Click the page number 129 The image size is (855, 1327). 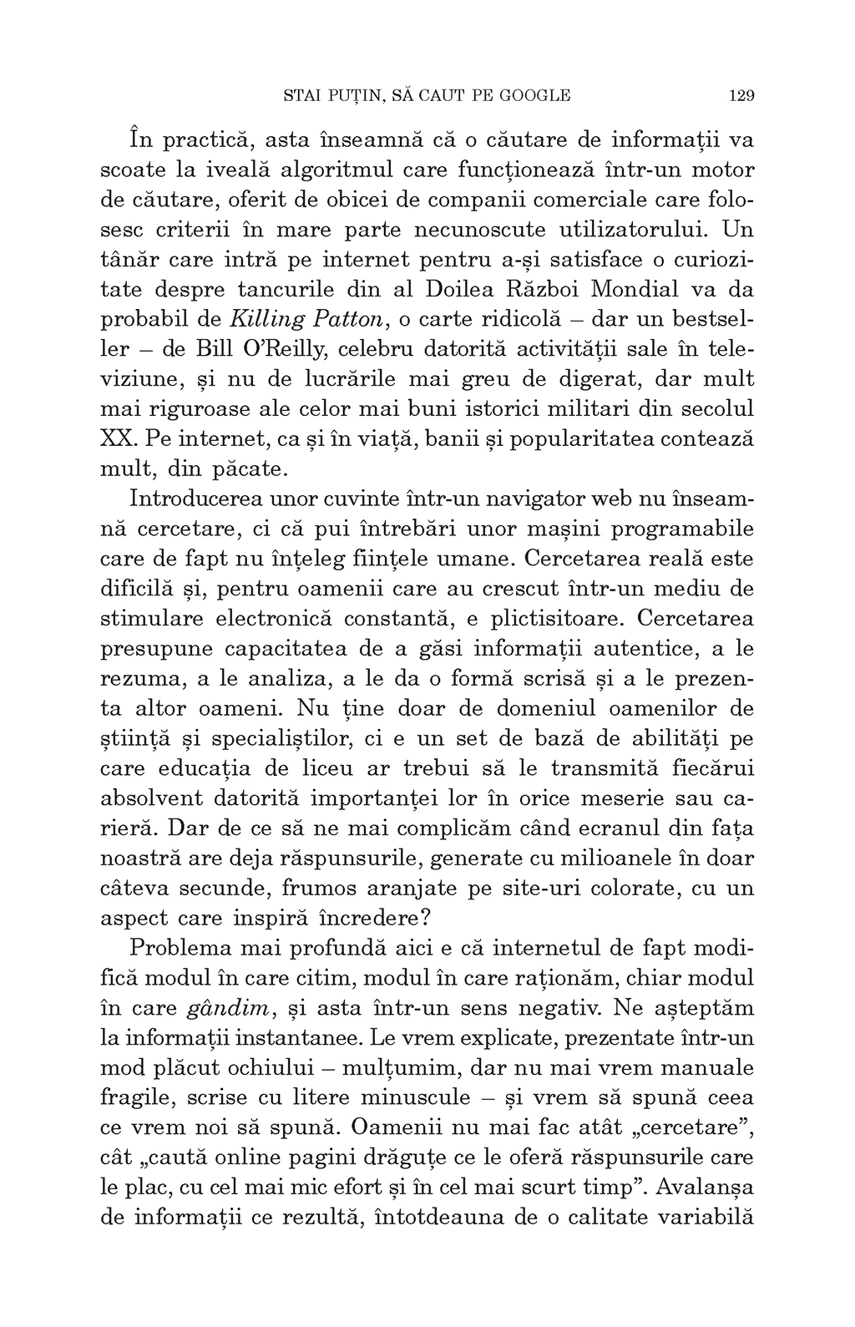pyautogui.click(x=741, y=95)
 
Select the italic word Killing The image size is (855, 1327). pyautogui.click(x=266, y=319)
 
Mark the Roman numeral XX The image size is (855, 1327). pyautogui.click(x=114, y=438)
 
